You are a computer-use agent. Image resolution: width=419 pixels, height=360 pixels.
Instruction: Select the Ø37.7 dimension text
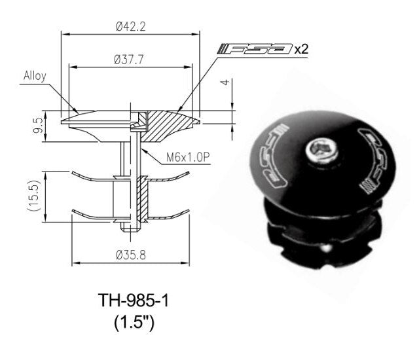click(128, 59)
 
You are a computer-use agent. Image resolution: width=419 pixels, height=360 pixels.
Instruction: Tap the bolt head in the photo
click(321, 151)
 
